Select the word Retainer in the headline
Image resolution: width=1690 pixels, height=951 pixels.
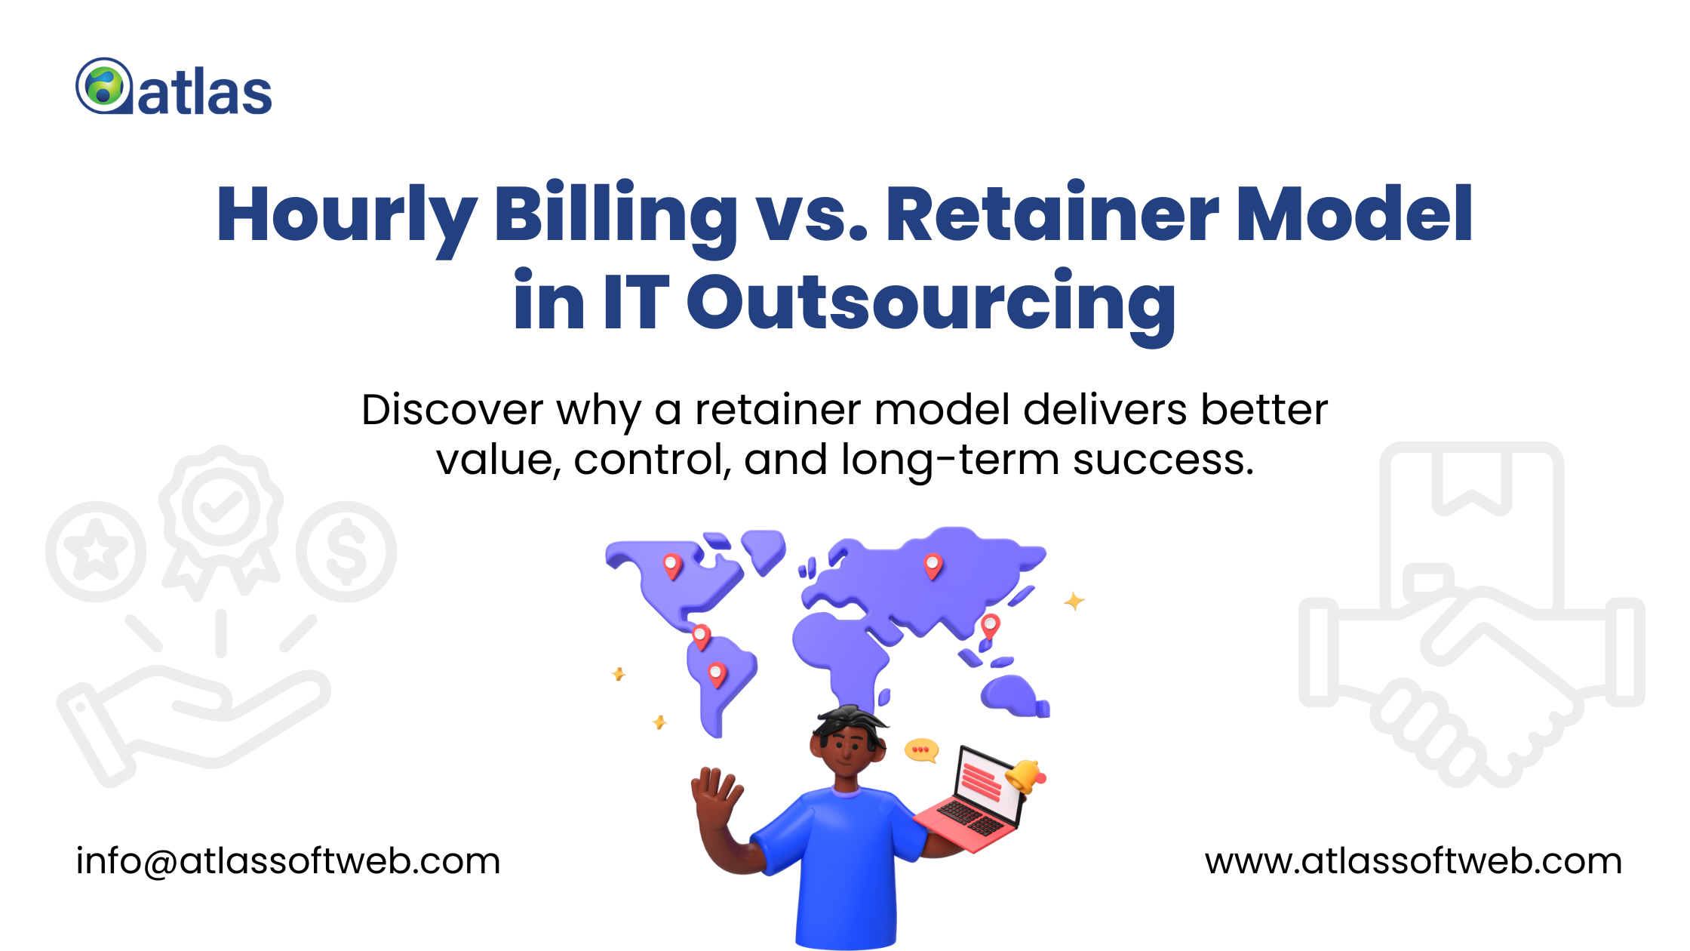click(x=1052, y=216)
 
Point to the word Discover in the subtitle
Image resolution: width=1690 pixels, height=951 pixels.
click(x=452, y=411)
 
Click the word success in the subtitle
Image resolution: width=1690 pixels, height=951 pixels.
click(x=1163, y=460)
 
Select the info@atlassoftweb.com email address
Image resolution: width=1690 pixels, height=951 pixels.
click(x=288, y=861)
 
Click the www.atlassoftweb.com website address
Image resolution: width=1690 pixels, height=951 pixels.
click(x=1413, y=861)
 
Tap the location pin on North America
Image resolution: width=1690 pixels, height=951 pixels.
click(x=671, y=565)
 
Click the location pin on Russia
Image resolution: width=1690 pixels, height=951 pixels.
click(x=933, y=565)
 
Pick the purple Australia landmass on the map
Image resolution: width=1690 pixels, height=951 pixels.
click(x=1012, y=695)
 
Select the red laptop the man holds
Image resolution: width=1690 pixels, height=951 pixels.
click(x=973, y=800)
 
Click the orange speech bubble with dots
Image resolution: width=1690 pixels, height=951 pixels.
click(x=921, y=749)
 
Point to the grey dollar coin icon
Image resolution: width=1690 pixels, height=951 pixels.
click(x=346, y=552)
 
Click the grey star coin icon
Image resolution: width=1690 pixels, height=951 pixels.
click(x=96, y=552)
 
